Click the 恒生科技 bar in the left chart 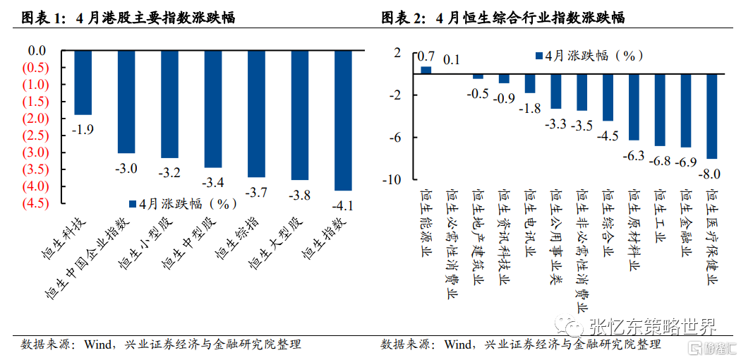click(83, 83)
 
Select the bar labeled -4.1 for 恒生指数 click(343, 120)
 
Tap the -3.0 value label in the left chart click(126, 167)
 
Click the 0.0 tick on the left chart click(36, 51)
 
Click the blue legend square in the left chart click(133, 203)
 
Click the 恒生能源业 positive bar click(426, 69)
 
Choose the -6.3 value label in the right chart click(632, 155)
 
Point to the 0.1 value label click(451, 59)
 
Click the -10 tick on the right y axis click(392, 179)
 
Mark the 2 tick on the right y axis click(397, 52)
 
